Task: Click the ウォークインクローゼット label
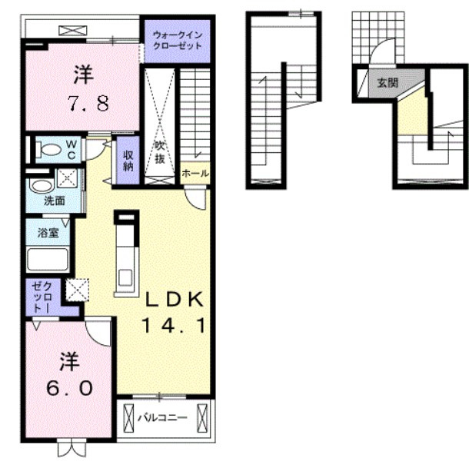pyautogui.click(x=178, y=41)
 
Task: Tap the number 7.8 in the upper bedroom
pyautogui.click(x=88, y=103)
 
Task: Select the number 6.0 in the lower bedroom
pyautogui.click(x=69, y=388)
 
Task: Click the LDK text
pyautogui.click(x=174, y=299)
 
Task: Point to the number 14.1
pyautogui.click(x=174, y=325)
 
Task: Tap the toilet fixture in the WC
pyautogui.click(x=48, y=149)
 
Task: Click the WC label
pyautogui.click(x=72, y=150)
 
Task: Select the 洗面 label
pyautogui.click(x=54, y=201)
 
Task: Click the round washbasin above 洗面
pyautogui.click(x=42, y=186)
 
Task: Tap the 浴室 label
pyautogui.click(x=48, y=233)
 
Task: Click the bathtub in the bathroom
pyautogui.click(x=48, y=259)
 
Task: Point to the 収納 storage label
pyautogui.click(x=128, y=161)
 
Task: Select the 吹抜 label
pyautogui.click(x=159, y=152)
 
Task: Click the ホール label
pyautogui.click(x=195, y=173)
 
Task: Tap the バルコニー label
pyautogui.click(x=162, y=418)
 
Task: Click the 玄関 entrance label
pyautogui.click(x=388, y=82)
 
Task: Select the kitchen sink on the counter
pyautogui.click(x=126, y=277)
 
